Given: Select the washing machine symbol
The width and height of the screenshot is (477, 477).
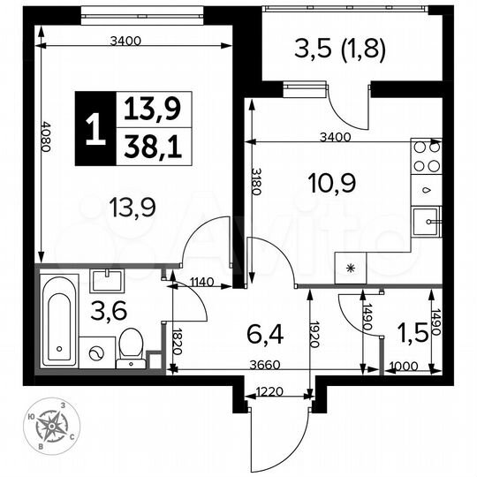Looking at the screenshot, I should (93, 352).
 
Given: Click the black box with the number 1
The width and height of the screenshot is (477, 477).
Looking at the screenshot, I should (94, 130).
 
